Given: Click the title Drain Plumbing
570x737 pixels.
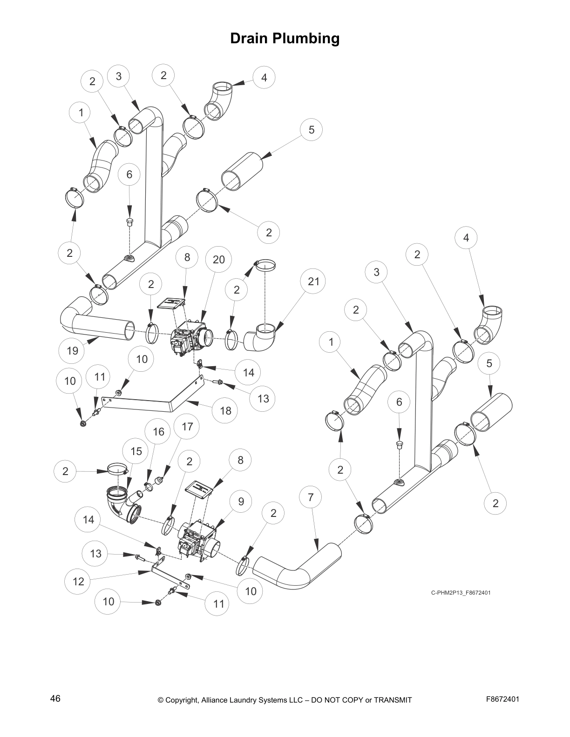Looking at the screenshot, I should pyautogui.click(x=285, y=39).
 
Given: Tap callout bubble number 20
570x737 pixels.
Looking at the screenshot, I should pyautogui.click(x=218, y=260).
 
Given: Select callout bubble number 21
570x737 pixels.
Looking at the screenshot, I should pyautogui.click(x=313, y=281).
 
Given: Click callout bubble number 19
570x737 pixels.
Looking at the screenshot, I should pyautogui.click(x=72, y=350).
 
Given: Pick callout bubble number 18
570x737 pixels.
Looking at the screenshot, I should pyautogui.click(x=225, y=410).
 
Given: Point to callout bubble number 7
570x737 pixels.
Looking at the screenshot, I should pyautogui.click(x=311, y=497).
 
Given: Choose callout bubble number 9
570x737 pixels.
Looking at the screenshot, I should pyautogui.click(x=241, y=501).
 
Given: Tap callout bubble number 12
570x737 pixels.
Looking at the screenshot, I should pyautogui.click(x=78, y=581).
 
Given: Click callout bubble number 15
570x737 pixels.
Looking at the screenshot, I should pyautogui.click(x=136, y=451).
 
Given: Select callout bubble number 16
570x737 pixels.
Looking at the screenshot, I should pyautogui.click(x=158, y=432).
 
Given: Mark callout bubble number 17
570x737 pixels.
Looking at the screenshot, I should pyautogui.click(x=187, y=426).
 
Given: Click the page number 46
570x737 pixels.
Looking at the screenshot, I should pyautogui.click(x=55, y=699).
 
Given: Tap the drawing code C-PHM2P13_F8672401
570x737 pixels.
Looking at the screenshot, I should pyautogui.click(x=460, y=593).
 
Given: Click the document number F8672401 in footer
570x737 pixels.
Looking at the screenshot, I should pyautogui.click(x=502, y=699).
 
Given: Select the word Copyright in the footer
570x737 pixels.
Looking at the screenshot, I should pyautogui.click(x=183, y=700).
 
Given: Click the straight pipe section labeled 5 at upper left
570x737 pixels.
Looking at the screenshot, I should pyautogui.click(x=242, y=171).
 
